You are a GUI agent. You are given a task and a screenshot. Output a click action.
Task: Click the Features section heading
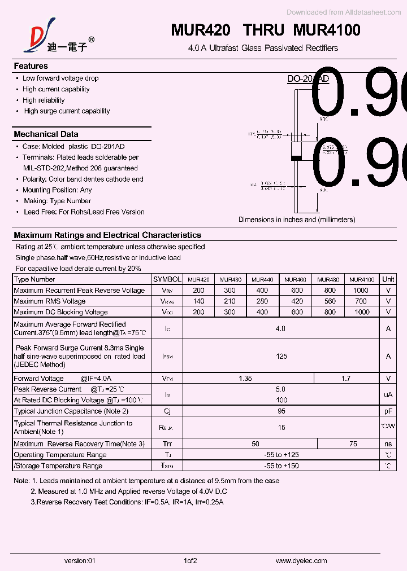pyautogui.click(x=31, y=66)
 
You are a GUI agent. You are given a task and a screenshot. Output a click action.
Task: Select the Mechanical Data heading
pyautogui.click(x=46, y=134)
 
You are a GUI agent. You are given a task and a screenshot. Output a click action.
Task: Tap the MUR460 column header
pyautogui.click(x=295, y=279)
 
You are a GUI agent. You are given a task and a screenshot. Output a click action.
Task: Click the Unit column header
pyautogui.click(x=388, y=279)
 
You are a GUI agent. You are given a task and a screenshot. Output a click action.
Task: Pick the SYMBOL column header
pyautogui.click(x=167, y=279)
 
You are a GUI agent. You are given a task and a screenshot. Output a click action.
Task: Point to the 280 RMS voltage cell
pyautogui.click(x=262, y=301)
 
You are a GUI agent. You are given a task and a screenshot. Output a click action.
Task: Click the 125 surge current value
pyautogui.click(x=282, y=356)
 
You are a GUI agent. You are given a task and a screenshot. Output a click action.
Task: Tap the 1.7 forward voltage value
pyautogui.click(x=346, y=379)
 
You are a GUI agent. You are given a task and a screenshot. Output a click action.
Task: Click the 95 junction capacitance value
pyautogui.click(x=282, y=411)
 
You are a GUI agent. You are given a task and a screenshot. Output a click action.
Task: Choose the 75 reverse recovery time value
pyautogui.click(x=353, y=444)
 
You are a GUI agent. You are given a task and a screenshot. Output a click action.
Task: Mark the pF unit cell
pyautogui.click(x=388, y=411)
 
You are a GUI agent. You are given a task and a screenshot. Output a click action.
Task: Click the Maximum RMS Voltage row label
pyautogui.click(x=50, y=301)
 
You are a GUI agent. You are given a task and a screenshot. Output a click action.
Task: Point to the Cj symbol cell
pyautogui.click(x=167, y=411)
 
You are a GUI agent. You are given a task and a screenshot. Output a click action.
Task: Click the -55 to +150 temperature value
pyautogui.click(x=282, y=466)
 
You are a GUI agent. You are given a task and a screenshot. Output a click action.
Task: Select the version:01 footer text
pyautogui.click(x=80, y=560)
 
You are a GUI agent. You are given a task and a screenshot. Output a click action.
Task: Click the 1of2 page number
pyautogui.click(x=190, y=560)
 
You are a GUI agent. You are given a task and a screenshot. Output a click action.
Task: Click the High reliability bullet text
pyautogui.click(x=44, y=100)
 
